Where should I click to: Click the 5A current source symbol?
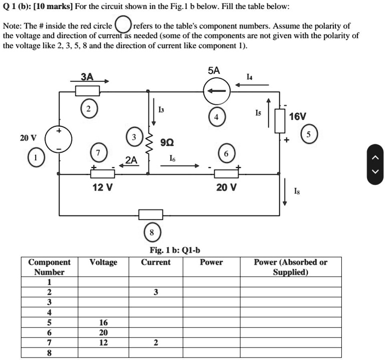[217, 91]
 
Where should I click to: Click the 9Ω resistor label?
[166, 142]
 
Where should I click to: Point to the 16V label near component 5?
[297, 116]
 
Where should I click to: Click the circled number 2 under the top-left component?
[88, 108]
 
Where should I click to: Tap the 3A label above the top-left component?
[87, 77]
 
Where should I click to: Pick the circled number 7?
[98, 152]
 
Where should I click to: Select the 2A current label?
[131, 160]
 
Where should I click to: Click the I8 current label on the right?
[297, 190]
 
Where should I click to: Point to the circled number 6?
[226, 153]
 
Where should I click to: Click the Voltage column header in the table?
[103, 262]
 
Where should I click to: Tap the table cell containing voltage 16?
[103, 322]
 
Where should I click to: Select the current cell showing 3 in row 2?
[156, 292]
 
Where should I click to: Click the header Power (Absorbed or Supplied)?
[290, 267]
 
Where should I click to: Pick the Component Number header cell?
[49, 267]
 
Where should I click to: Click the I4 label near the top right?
[250, 76]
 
